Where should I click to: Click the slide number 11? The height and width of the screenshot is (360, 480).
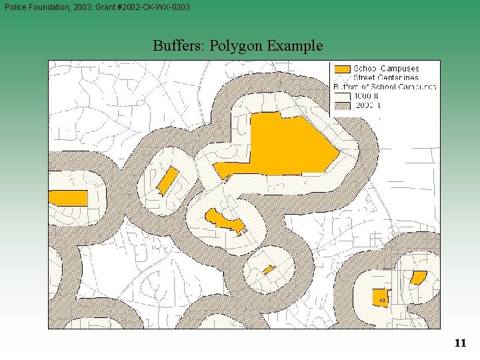460,343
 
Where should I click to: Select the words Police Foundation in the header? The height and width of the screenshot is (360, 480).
41,7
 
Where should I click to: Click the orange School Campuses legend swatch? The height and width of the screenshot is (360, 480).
341,69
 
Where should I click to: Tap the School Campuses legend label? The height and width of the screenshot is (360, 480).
386,69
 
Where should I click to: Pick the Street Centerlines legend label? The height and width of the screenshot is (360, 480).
386,77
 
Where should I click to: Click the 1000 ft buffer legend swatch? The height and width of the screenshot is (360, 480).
341,95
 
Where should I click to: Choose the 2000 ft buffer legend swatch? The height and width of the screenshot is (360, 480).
341,105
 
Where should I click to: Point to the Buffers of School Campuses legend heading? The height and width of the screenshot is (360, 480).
385,87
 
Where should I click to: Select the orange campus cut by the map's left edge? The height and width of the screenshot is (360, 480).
68,198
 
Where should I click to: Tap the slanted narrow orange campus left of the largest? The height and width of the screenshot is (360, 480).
167,180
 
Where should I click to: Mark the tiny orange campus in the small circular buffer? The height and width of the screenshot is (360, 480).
268,269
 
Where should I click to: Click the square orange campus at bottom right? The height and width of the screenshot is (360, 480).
379,297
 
